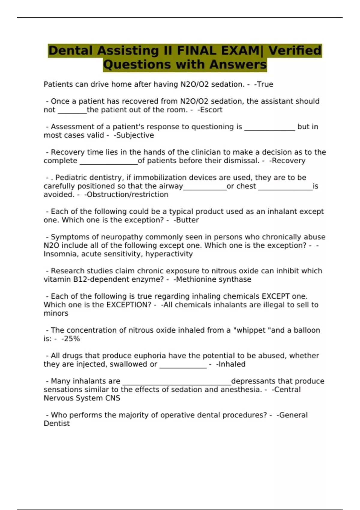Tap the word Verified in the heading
[x=295, y=50]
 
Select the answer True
[x=264, y=84]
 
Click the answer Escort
[x=211, y=110]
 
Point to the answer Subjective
[x=135, y=135]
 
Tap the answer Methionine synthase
[x=213, y=279]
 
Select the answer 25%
[x=71, y=339]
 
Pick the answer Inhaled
[x=231, y=364]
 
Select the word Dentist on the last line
[x=57, y=424]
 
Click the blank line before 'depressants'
[x=177, y=384]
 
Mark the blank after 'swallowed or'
[x=183, y=367]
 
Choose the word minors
[x=56, y=313]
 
